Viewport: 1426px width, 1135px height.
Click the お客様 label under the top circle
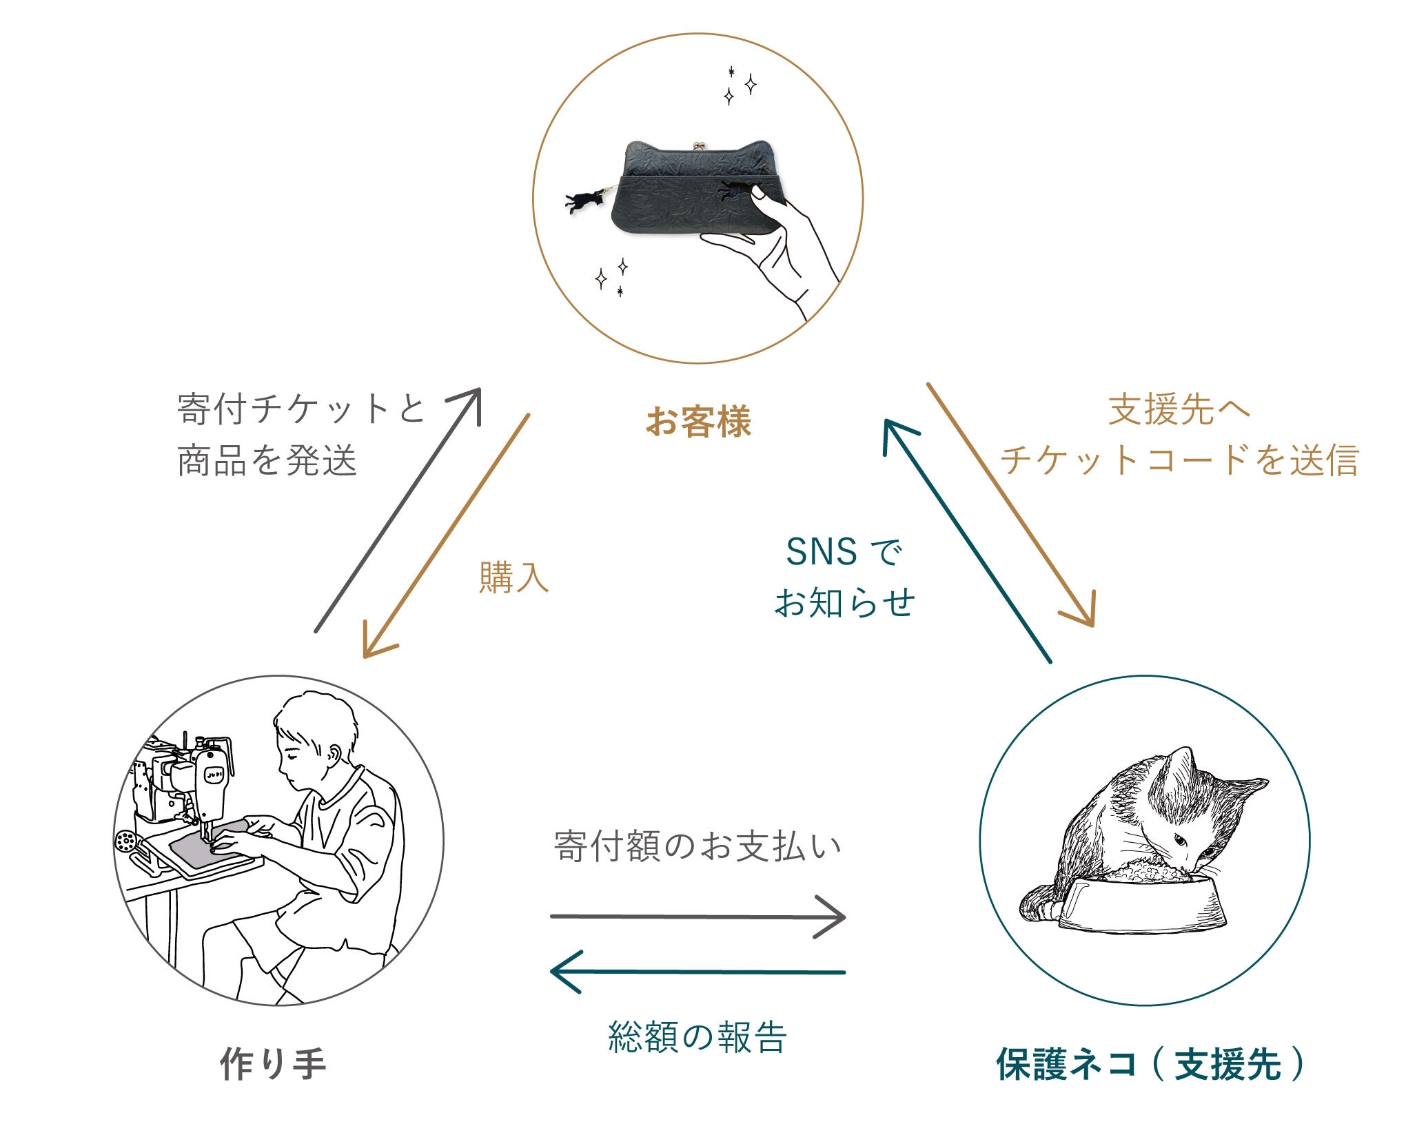tap(698, 421)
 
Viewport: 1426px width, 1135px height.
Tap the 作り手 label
tap(274, 1063)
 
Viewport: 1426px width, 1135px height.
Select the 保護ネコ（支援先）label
tap(1150, 1063)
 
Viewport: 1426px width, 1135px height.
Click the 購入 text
tap(513, 577)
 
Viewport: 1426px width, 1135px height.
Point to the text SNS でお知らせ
tap(844, 577)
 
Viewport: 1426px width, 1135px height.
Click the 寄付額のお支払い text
tap(697, 846)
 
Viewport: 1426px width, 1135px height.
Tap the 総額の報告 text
tap(697, 1037)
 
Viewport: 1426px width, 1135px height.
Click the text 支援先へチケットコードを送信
tap(1179, 436)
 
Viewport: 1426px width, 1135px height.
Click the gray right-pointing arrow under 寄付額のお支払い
tap(697, 917)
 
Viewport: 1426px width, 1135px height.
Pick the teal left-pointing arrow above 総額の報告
tap(697, 972)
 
